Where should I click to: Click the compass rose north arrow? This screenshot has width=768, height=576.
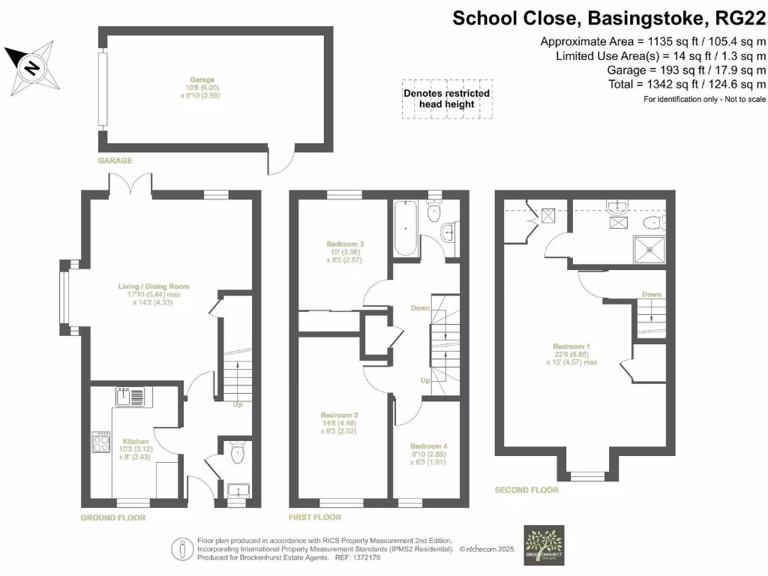(31, 67)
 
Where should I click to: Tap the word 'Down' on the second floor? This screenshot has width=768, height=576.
(651, 295)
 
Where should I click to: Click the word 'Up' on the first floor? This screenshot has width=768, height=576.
(424, 380)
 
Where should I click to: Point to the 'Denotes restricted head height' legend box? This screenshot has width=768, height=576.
(446, 99)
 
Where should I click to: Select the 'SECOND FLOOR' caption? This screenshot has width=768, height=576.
(526, 490)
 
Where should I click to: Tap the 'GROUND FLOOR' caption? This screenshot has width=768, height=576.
(112, 517)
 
